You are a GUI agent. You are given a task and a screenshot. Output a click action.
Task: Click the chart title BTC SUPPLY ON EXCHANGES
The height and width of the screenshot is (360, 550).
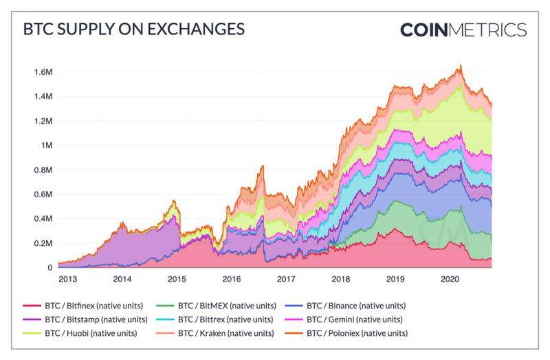[133, 30]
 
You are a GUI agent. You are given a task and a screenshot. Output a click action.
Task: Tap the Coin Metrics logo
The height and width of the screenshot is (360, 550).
[463, 30]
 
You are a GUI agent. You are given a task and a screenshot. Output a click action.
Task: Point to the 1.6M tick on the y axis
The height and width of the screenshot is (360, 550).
[43, 72]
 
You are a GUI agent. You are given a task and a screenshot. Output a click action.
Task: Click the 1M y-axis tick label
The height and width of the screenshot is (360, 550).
[47, 146]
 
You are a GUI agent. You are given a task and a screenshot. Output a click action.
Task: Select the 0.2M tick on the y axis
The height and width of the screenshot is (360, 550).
[43, 243]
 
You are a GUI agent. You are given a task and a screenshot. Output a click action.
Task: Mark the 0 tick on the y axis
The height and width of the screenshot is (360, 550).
[50, 268]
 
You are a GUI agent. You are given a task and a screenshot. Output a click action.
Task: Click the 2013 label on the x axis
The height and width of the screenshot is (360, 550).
[67, 279]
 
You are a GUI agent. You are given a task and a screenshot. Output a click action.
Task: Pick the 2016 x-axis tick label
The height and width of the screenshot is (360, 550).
[231, 279]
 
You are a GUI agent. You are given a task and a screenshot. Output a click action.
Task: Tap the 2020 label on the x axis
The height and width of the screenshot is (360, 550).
[450, 279]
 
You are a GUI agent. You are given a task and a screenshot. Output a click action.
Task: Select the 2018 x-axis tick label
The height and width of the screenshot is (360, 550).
[340, 279]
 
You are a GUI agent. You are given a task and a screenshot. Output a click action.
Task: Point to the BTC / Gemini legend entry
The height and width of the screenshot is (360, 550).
[354, 319]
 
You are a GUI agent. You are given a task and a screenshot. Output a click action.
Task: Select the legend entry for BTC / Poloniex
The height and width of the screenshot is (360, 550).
[357, 333]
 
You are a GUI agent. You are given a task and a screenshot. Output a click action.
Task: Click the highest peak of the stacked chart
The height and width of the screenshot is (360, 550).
[461, 66]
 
